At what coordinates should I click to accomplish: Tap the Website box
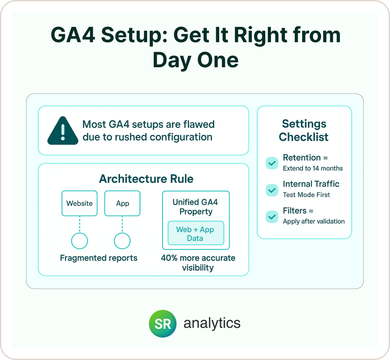79,204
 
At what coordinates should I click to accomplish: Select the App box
123,204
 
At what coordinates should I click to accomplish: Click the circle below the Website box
79,241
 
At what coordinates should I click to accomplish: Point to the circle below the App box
122,241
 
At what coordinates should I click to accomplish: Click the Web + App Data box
196,233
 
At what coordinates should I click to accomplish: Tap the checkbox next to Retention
272,163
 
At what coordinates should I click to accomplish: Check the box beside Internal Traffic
272,190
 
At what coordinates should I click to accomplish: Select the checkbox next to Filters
272,217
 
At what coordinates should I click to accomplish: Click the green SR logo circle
162,324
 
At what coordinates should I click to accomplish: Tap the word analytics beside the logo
212,324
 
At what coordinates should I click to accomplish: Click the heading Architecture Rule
146,179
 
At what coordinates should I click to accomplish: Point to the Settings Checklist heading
303,131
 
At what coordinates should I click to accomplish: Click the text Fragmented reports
99,258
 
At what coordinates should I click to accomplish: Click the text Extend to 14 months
313,168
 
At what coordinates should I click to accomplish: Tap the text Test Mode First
307,195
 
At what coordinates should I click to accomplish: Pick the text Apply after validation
314,222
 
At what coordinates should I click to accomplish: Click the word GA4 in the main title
73,35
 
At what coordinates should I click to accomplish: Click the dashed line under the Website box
79,224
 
